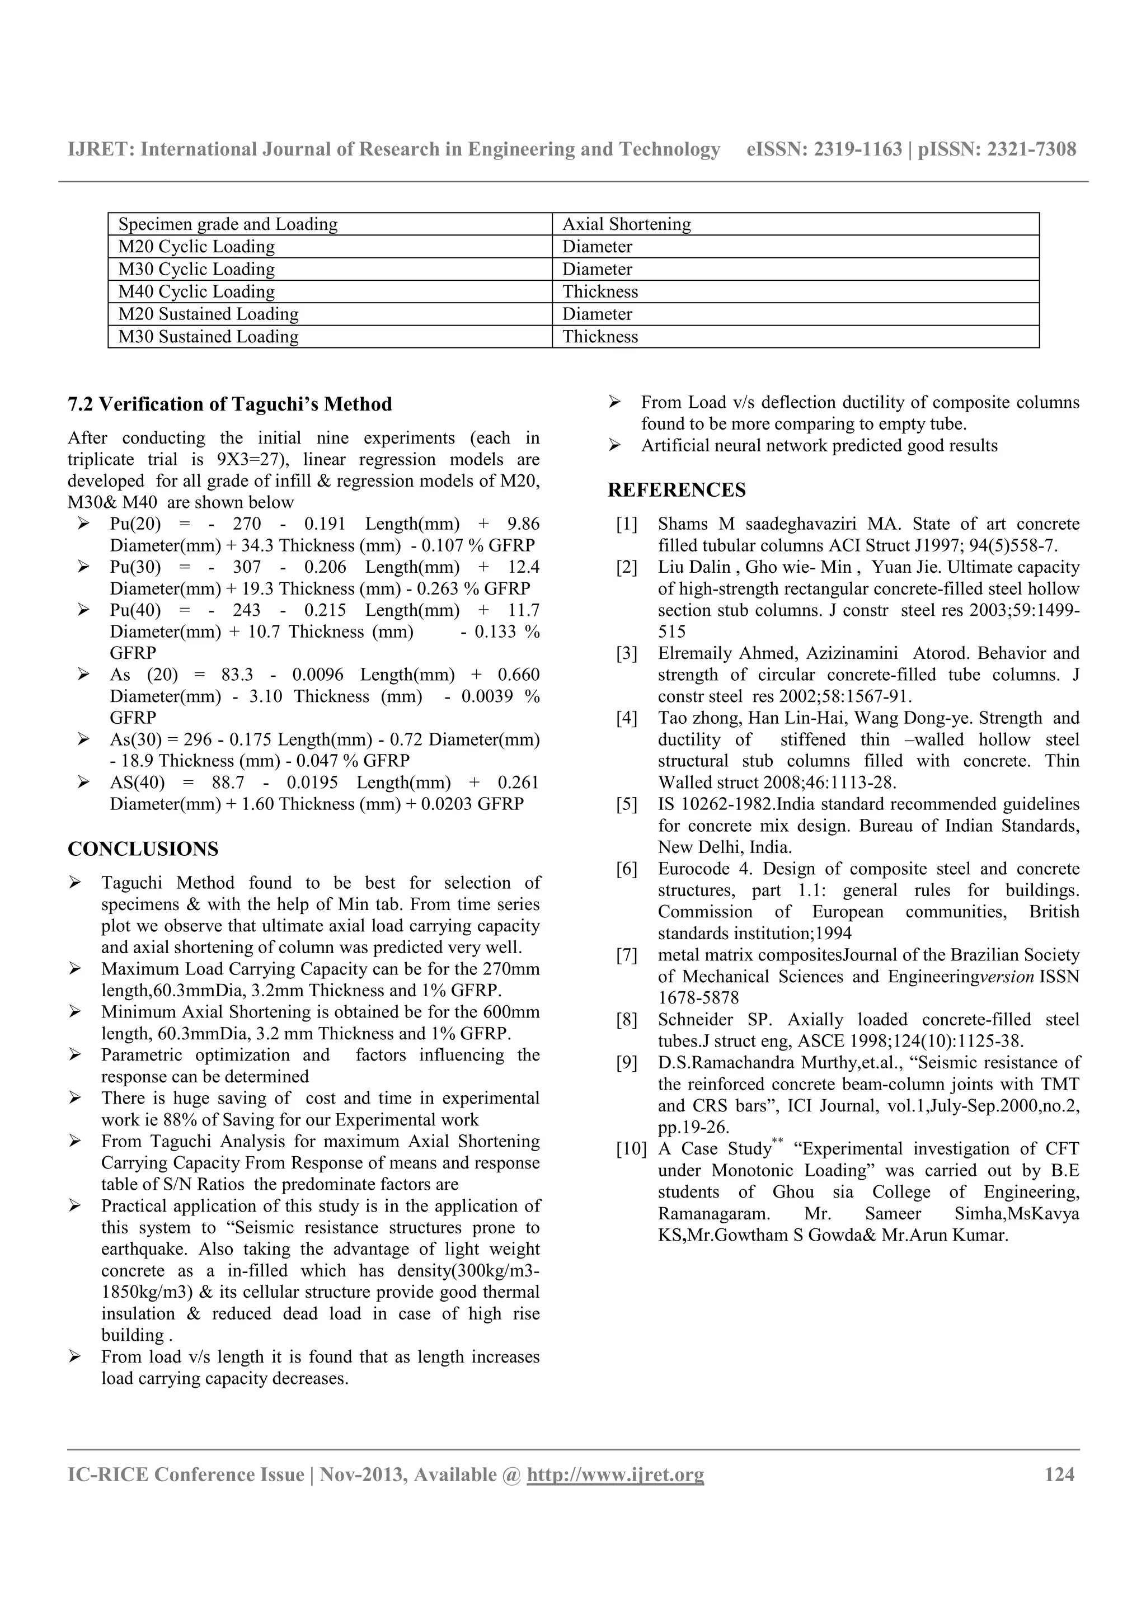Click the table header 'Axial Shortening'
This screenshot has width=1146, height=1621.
(626, 224)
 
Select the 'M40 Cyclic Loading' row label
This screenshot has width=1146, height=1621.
(196, 291)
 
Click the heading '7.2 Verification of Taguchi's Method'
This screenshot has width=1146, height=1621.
(229, 404)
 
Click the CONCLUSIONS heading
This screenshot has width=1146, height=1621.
(143, 849)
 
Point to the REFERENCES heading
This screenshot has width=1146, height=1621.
(677, 490)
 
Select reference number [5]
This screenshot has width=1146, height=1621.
(626, 804)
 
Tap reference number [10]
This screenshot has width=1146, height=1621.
(630, 1149)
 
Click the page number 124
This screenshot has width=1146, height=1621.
(1059, 1474)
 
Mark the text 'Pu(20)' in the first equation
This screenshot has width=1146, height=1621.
(135, 525)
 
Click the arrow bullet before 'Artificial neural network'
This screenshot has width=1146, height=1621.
(614, 445)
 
